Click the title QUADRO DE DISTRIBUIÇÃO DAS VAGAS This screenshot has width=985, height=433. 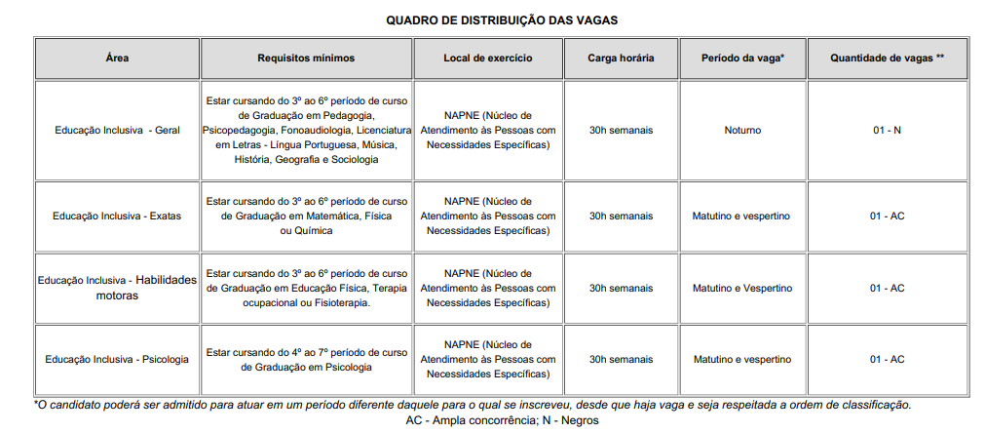[501, 20]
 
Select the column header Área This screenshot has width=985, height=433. [117, 59]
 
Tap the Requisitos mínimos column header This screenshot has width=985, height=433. [306, 59]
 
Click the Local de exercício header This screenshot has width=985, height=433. [488, 59]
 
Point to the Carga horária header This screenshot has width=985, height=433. [621, 59]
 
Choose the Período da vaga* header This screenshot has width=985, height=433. [742, 59]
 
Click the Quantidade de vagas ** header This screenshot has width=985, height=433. [887, 59]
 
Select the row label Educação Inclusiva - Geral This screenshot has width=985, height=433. [116, 130]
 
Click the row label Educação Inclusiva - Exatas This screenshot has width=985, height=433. [117, 216]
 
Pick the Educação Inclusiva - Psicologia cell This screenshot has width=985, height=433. [117, 359]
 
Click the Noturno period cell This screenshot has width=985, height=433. [743, 130]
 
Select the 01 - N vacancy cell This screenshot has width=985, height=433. [887, 130]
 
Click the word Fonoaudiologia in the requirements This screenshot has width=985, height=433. [317, 130]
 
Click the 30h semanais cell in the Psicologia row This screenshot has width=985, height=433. [621, 359]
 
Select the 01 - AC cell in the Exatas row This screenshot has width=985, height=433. [887, 216]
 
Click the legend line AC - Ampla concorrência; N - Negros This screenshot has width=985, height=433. [502, 420]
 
